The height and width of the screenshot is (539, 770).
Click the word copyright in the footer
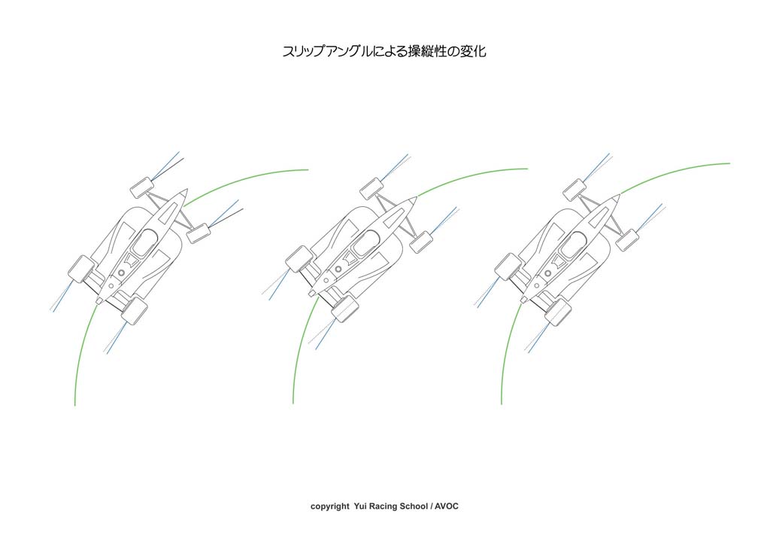pyautogui.click(x=329, y=507)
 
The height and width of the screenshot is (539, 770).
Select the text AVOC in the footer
pyautogui.click(x=447, y=506)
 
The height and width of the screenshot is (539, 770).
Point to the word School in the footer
pyautogui.click(x=414, y=506)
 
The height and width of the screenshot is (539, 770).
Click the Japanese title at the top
pyautogui.click(x=384, y=51)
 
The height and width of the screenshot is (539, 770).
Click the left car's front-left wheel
pyautogui.click(x=141, y=187)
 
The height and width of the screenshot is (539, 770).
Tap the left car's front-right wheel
pyautogui.click(x=199, y=233)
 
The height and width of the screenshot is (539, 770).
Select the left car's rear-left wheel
pyautogui.click(x=81, y=269)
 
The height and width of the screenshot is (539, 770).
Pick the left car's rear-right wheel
pyautogui.click(x=134, y=310)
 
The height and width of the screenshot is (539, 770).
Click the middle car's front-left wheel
pyautogui.click(x=371, y=188)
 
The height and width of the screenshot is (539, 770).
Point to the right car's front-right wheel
pyautogui.click(x=627, y=240)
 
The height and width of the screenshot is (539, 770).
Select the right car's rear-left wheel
pyautogui.click(x=508, y=266)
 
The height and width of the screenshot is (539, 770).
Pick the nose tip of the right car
pyautogui.click(x=619, y=195)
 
